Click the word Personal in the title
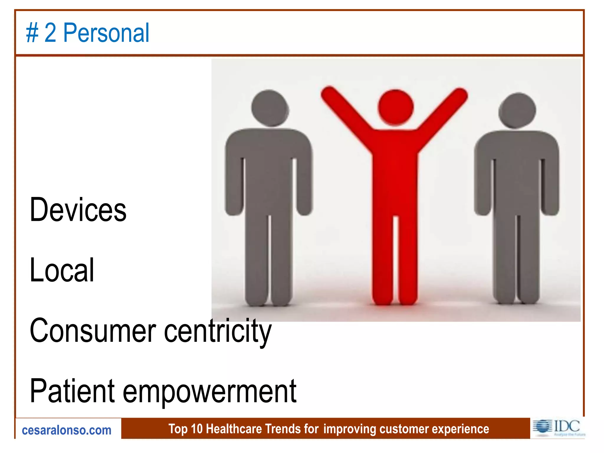pyautogui.click(x=106, y=33)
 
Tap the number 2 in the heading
pyautogui.click(x=50, y=33)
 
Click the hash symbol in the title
pyautogui.click(x=32, y=33)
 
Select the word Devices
pyautogui.click(x=78, y=210)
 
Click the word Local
pyautogui.click(x=62, y=270)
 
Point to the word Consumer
pyautogui.click(x=93, y=331)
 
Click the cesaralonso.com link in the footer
pyautogui.click(x=67, y=430)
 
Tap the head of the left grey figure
pyautogui.click(x=270, y=109)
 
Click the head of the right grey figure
pyautogui.click(x=517, y=111)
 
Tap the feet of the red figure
pyautogui.click(x=395, y=299)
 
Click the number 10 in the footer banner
pyautogui.click(x=197, y=429)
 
